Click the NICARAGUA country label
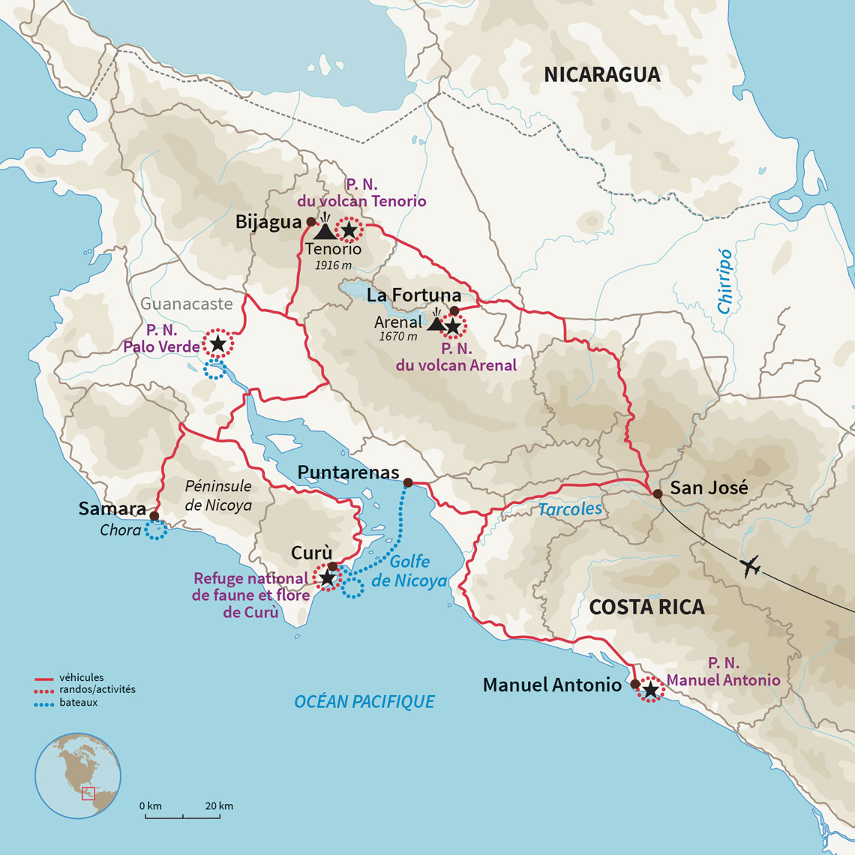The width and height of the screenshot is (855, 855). coord(601,75)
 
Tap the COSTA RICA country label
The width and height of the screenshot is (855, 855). coord(646,607)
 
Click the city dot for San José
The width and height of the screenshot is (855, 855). coord(657,493)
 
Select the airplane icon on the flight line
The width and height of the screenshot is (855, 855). coord(750,567)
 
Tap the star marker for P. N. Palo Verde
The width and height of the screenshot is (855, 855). coord(217,343)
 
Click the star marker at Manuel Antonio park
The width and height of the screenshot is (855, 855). coord(650,689)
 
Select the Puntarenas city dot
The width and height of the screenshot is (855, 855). coord(407,482)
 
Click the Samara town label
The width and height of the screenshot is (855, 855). coord(112,509)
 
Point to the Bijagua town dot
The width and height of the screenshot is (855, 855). coord(310,222)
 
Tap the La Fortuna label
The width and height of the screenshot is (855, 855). coord(413,295)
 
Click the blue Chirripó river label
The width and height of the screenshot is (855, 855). coord(724,280)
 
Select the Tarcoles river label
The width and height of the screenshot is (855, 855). coord(570,509)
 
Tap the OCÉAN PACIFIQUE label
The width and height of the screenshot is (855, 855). coord(364,701)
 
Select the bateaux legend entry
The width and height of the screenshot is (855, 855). coord(78,703)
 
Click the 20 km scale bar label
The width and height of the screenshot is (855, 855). coord(219,806)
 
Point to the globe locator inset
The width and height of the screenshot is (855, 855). coord(78,775)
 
